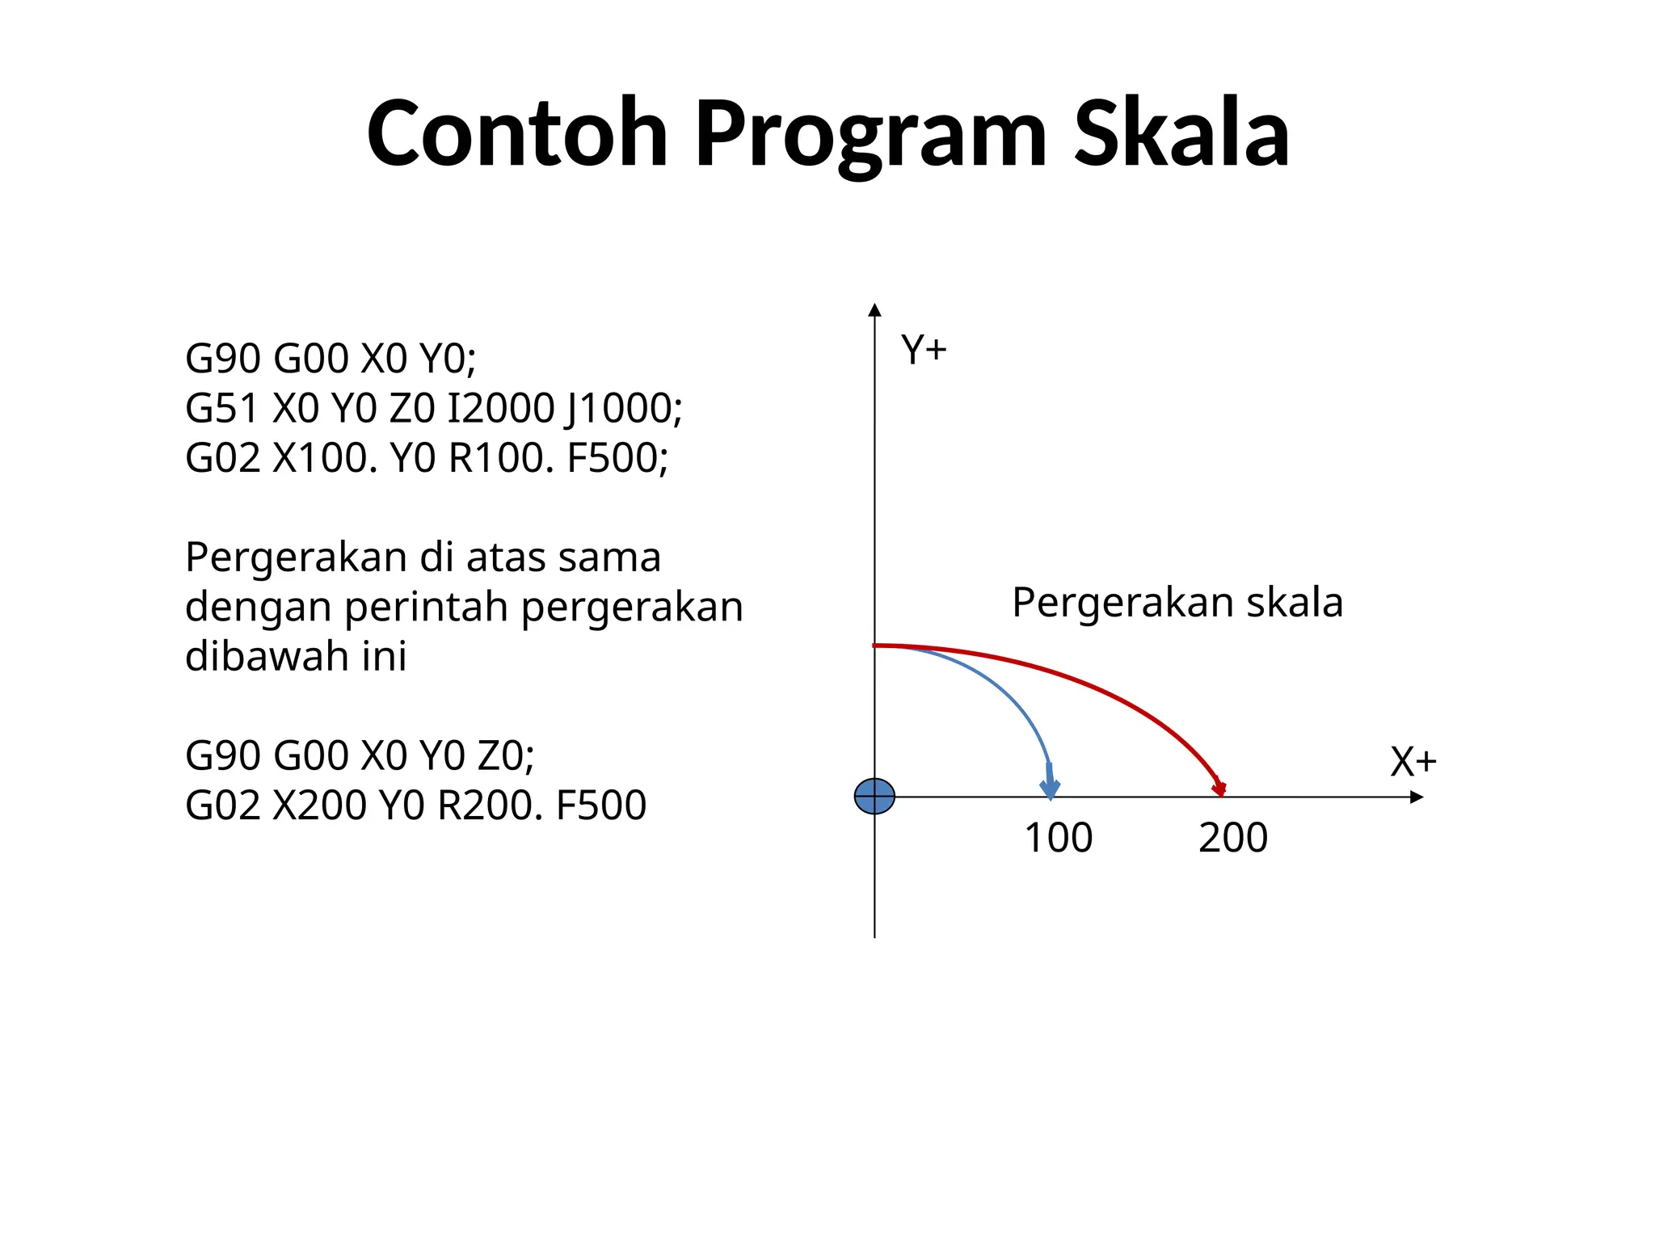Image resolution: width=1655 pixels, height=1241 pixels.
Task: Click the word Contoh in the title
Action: (x=517, y=133)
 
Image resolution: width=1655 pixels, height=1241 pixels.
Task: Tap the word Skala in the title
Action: (x=1181, y=133)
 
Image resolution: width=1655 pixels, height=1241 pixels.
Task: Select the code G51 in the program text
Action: (x=222, y=408)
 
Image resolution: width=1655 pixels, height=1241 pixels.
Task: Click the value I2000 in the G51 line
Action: (x=500, y=408)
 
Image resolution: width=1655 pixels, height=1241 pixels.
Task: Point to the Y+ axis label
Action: (x=924, y=351)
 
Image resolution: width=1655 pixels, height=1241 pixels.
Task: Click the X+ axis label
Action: (x=1413, y=762)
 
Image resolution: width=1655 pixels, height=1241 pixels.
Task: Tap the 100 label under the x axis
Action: (x=1059, y=838)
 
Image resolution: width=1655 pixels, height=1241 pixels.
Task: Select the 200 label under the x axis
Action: (x=1233, y=838)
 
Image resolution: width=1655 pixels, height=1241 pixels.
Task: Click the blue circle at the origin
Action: (x=874, y=797)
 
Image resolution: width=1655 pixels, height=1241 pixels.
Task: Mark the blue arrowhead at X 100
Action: (x=1050, y=787)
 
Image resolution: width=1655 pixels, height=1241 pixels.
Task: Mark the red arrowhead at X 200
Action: (x=1219, y=788)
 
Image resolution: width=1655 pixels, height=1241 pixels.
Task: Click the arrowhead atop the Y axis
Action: (x=874, y=310)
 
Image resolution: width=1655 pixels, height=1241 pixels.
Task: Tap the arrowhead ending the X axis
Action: (x=1416, y=797)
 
